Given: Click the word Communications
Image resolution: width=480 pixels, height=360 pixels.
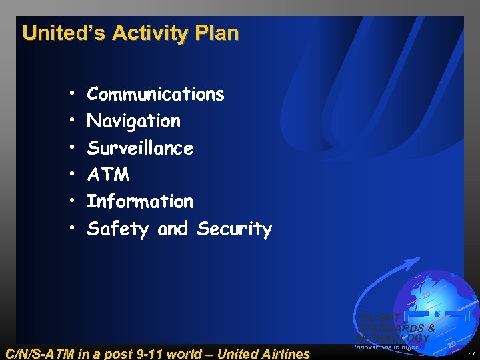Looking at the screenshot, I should (155, 94).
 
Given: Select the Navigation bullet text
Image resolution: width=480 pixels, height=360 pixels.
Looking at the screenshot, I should (133, 121).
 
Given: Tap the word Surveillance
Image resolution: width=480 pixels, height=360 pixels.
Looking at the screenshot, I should (140, 148).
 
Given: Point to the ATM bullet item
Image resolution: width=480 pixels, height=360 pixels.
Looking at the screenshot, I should (108, 175).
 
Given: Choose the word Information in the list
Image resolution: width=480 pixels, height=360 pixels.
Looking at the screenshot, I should (140, 201).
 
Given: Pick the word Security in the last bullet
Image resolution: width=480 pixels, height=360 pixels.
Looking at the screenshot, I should (235, 229).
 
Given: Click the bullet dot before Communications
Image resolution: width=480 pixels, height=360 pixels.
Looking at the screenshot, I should (71, 94).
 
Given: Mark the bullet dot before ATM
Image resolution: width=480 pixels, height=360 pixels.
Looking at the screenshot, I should (71, 175).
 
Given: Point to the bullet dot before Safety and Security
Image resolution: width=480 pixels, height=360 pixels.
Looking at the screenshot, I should (71, 229).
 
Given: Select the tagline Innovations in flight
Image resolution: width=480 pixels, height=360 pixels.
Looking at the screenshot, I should (386, 347).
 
